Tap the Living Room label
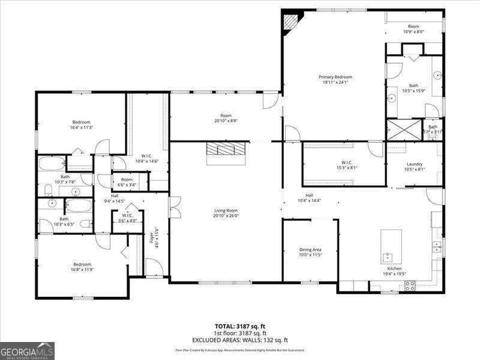[226, 211]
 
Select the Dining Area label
[310, 250]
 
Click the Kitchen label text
[394, 268]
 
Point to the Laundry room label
[415, 164]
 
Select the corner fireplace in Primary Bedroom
[291, 22]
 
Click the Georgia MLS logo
[27, 350]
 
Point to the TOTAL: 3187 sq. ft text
[239, 326]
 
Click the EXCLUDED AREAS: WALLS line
[240, 340]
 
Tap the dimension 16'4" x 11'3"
[81, 127]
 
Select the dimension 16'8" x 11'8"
[82, 269]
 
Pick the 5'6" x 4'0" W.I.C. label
[127, 220]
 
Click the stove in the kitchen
[411, 286]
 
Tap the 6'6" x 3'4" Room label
[127, 185]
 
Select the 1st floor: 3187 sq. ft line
[240, 333]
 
